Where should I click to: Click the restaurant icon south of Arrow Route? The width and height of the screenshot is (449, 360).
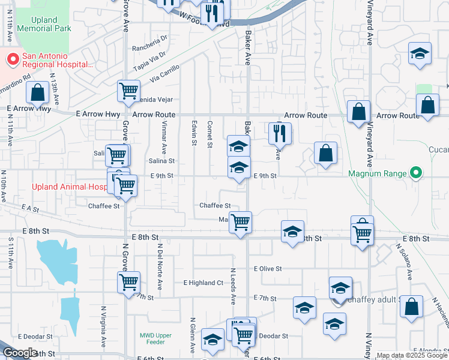tap(280, 134)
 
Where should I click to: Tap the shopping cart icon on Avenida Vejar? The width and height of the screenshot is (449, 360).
tap(128, 91)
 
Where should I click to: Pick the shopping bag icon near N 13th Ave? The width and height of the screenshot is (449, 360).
tap(37, 93)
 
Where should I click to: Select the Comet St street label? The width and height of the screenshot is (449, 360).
tap(210, 133)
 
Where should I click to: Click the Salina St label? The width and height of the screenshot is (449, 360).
tap(161, 161)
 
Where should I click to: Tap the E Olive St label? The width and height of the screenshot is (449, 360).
tap(268, 269)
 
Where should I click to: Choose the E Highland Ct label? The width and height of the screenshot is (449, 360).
tap(203, 283)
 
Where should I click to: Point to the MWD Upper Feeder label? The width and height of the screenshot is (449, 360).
tap(155, 338)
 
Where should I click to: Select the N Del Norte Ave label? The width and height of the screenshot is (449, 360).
tap(160, 263)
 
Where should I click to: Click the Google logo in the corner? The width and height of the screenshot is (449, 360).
tap(20, 353)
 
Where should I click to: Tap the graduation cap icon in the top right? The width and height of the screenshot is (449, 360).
tap(420, 54)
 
